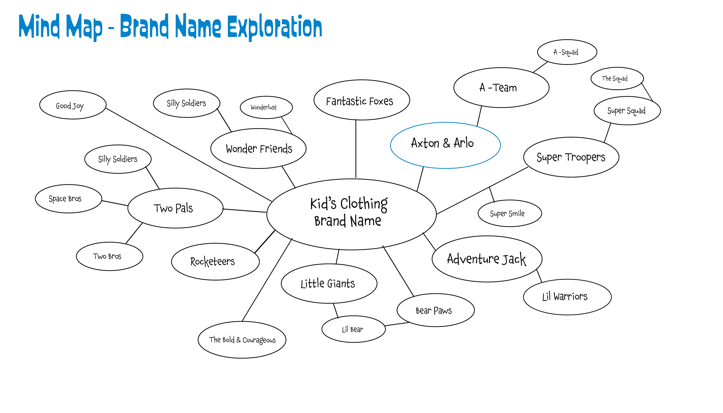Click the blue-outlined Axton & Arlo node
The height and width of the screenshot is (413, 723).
point(445,145)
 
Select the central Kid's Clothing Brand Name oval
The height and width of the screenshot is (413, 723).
point(351,214)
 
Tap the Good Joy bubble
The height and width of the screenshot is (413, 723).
point(73,105)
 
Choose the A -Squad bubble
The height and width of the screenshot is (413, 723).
point(567,52)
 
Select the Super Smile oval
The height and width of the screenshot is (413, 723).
point(510,213)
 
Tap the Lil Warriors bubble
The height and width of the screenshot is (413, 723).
point(567,297)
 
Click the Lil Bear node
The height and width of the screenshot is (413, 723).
point(353,329)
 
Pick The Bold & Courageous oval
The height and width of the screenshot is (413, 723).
point(242,340)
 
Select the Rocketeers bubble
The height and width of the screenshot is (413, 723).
point(215,262)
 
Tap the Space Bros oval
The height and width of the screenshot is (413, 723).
point(68,199)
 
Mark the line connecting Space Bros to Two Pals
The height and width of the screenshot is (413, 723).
point(115,203)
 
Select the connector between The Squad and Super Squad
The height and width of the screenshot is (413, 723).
point(647,92)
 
